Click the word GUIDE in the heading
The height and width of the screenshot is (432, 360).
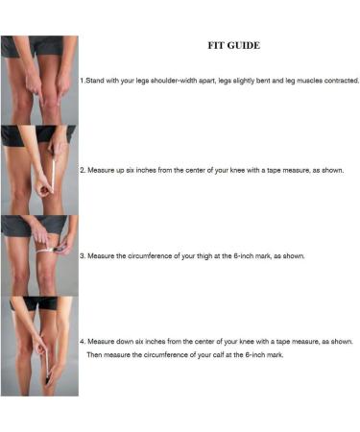(244, 45)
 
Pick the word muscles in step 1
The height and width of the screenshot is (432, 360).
(299, 81)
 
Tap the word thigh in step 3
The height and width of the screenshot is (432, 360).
(217, 256)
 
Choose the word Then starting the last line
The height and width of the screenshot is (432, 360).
(95, 355)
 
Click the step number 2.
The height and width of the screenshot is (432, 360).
(82, 170)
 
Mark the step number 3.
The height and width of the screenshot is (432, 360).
(82, 256)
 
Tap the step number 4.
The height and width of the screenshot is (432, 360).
(82, 341)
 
